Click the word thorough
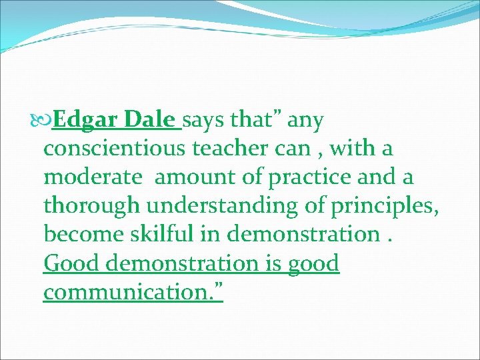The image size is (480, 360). [x=89, y=207]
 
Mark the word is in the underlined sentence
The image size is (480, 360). [x=274, y=264]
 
